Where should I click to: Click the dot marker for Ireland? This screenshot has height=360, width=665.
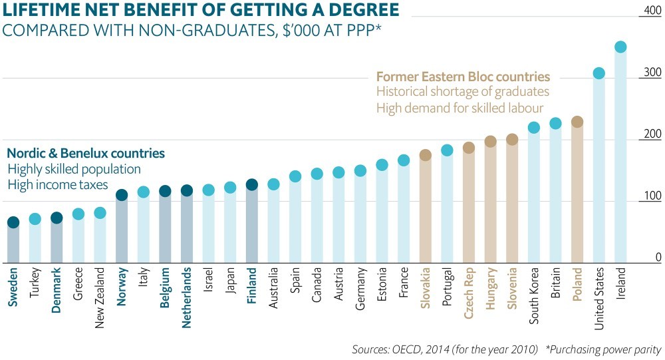pyautogui.click(x=620, y=47)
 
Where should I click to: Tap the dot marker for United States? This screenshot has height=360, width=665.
pyautogui.click(x=598, y=73)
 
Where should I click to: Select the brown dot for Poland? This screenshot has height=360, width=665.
pyautogui.click(x=577, y=122)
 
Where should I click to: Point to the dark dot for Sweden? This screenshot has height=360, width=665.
pyautogui.click(x=13, y=222)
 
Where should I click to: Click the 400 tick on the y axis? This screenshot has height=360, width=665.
pyautogui.click(x=652, y=11)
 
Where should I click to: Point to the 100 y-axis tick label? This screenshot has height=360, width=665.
pyautogui.click(x=652, y=196)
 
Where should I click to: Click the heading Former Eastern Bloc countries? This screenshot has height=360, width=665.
pyautogui.click(x=463, y=77)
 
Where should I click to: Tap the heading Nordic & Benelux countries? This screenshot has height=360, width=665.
pyautogui.click(x=86, y=153)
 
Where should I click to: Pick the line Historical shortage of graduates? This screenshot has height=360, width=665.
pyautogui.click(x=463, y=92)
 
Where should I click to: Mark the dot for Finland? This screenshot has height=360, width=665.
pyautogui.click(x=252, y=185)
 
